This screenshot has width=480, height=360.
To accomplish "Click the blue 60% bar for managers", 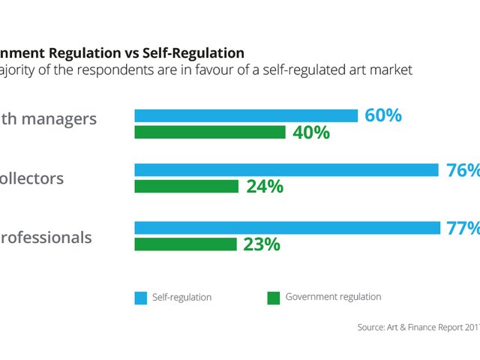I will pyautogui.click(x=246, y=115).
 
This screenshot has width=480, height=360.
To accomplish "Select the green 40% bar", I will pyautogui.click(x=210, y=132).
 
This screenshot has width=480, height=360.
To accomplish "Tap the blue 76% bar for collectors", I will pyautogui.click(x=286, y=170).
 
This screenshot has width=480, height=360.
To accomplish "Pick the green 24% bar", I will pyautogui.click(x=186, y=186).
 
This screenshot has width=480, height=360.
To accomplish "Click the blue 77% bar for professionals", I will pyautogui.click(x=286, y=228).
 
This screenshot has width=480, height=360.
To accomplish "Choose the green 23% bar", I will pyautogui.click(x=185, y=244).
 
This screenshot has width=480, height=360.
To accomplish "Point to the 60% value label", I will pyautogui.click(x=383, y=115).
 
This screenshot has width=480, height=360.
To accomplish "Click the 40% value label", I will pyautogui.click(x=311, y=133).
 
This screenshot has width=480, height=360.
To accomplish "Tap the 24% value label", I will pyautogui.click(x=265, y=187).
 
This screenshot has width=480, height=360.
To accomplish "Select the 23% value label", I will pyautogui.click(x=262, y=244).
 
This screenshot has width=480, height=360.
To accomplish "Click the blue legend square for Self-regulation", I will pyautogui.click(x=141, y=298).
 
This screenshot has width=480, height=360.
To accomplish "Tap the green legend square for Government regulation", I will pyautogui.click(x=273, y=298).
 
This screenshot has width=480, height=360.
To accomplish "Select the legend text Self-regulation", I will pyautogui.click(x=181, y=298).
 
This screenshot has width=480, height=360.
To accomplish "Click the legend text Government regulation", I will pyautogui.click(x=333, y=297).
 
